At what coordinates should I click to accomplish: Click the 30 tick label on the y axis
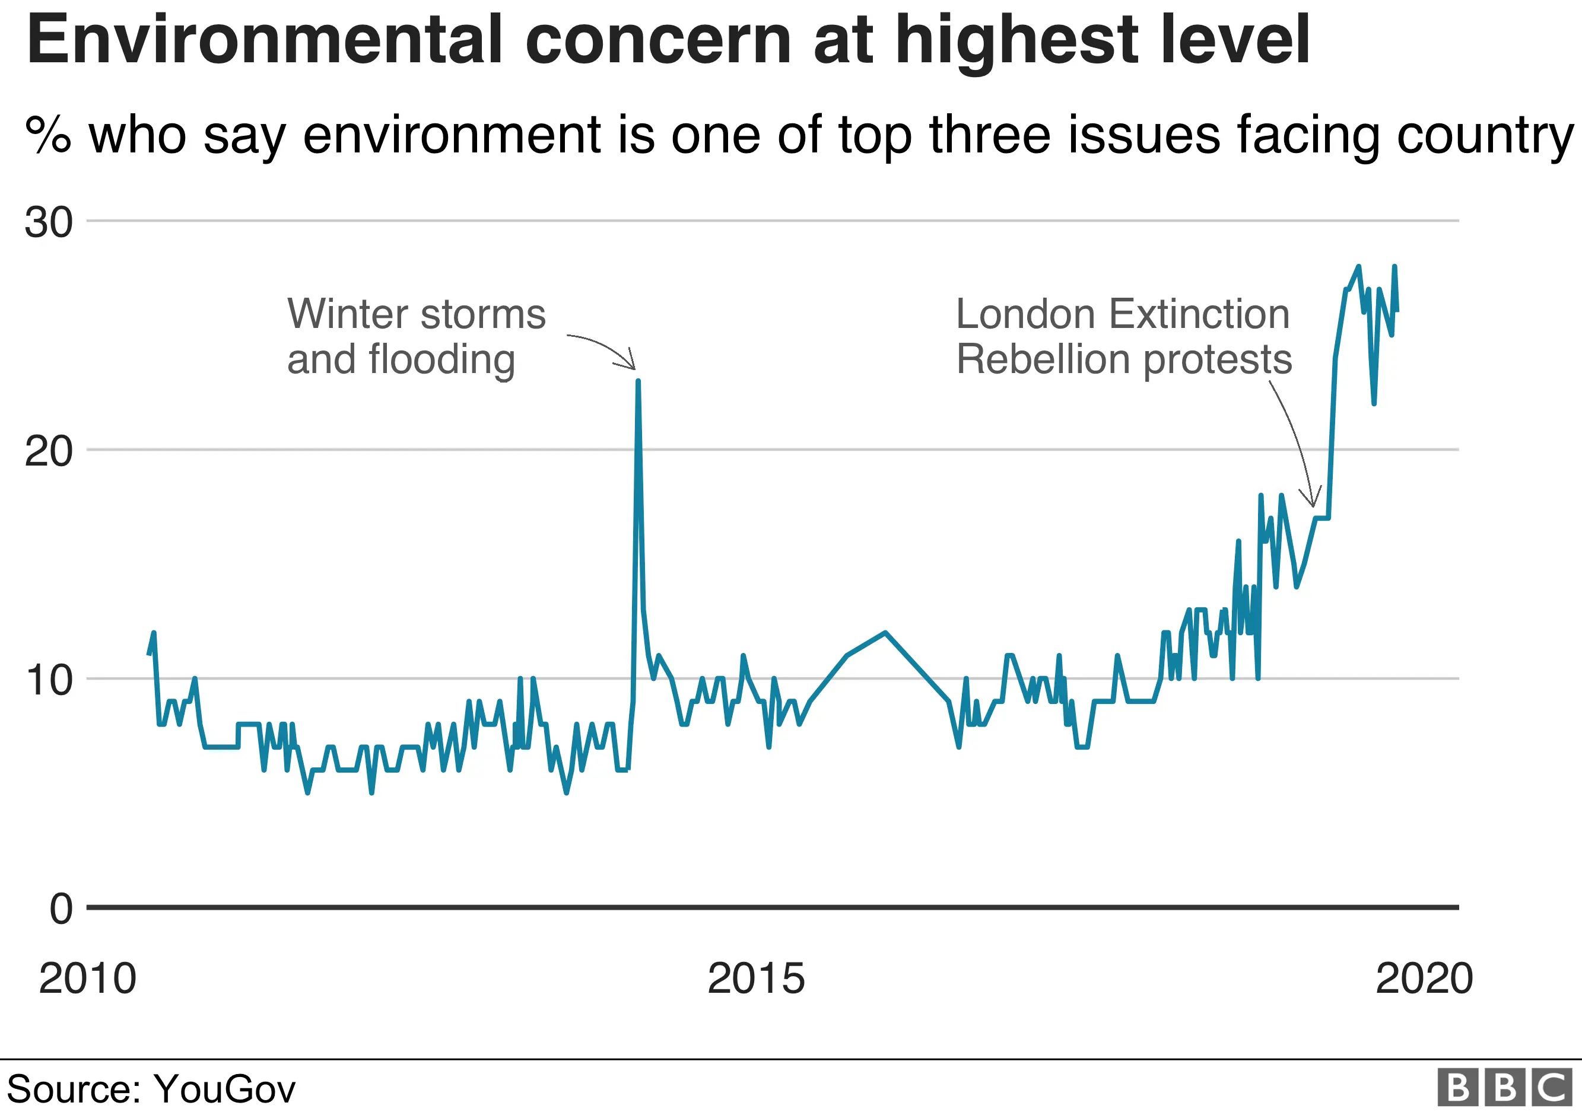[48, 222]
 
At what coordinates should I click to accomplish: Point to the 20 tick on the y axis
[48, 452]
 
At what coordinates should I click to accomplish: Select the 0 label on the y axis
[61, 909]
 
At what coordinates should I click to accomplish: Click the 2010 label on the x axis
[87, 979]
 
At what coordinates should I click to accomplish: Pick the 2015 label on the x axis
[756, 979]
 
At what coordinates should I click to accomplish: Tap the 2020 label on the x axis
[1424, 979]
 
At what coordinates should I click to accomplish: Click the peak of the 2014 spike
[638, 381]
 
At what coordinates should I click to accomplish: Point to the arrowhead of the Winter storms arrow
[633, 367]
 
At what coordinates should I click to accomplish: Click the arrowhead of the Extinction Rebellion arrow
[1313, 505]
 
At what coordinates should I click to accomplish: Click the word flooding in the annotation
[441, 360]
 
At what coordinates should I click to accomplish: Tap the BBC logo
[1505, 1088]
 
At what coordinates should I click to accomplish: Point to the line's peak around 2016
[885, 632]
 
